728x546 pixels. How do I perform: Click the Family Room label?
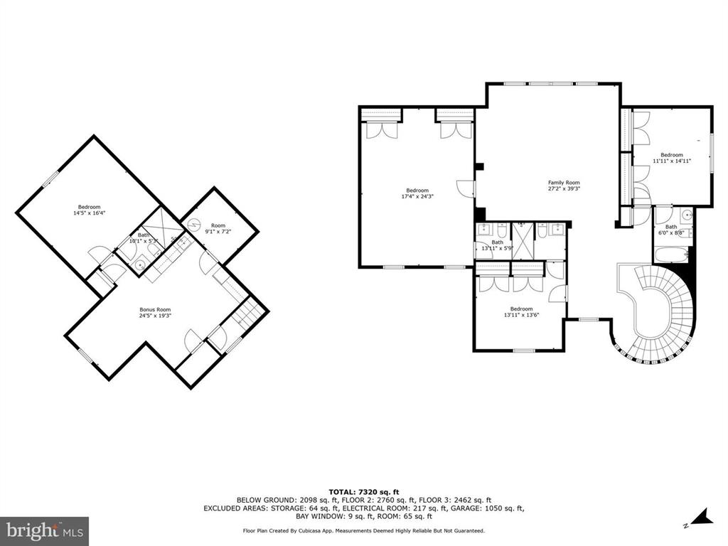[564, 183]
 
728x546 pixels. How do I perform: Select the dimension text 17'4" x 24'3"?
[417, 196]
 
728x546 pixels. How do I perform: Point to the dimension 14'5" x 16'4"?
[89, 213]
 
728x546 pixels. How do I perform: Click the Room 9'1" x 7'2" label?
[218, 228]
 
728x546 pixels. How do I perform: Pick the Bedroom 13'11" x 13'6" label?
[521, 311]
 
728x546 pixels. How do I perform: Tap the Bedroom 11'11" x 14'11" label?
[672, 158]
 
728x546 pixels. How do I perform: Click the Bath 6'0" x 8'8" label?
[671, 230]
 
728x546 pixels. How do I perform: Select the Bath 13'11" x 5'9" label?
[497, 245]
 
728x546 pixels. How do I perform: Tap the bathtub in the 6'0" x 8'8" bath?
[672, 255]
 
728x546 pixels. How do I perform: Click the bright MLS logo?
[44, 529]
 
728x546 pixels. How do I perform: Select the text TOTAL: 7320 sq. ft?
[364, 492]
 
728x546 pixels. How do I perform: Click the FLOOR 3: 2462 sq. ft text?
[455, 500]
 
